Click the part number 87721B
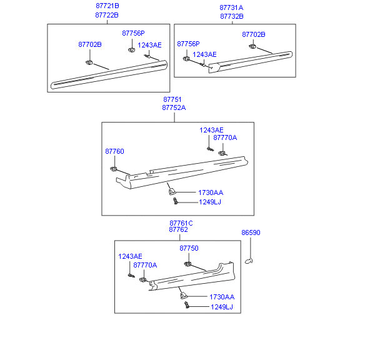coord(107,6)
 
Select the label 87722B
coord(107,15)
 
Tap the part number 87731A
coord(231,7)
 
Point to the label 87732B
coord(232,16)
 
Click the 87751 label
coord(172,99)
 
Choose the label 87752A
coord(174,107)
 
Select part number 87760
coord(114,151)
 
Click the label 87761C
coord(181,223)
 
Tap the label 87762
coord(178,229)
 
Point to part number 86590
coord(251,232)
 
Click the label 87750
coord(189,248)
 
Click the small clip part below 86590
coord(249,261)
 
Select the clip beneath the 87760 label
coord(114,169)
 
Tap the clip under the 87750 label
coord(187,264)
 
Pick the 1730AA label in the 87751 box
coord(211,192)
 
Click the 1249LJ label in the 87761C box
coord(222,307)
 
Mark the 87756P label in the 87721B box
coord(133,33)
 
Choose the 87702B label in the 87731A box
coord(254,34)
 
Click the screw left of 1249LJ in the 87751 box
coord(176,201)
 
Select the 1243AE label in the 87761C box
coord(130,256)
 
